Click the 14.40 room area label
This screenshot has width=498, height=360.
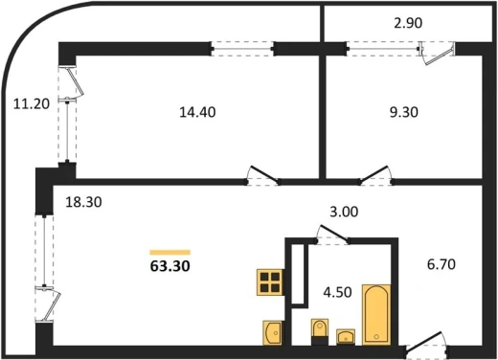[x=197, y=112]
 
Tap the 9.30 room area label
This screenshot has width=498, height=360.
[x=404, y=112]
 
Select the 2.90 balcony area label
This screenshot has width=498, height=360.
[x=408, y=23]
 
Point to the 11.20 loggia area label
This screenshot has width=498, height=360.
[x=32, y=104]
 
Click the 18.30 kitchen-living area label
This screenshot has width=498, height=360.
[x=83, y=202]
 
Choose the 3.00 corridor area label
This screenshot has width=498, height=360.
[x=344, y=212]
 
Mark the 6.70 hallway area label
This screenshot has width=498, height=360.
[x=441, y=264]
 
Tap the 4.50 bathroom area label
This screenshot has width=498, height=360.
[x=337, y=292]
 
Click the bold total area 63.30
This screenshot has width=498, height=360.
[x=170, y=266]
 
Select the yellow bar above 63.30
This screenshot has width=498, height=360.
[x=170, y=253]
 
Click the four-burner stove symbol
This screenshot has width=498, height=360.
[x=270, y=282]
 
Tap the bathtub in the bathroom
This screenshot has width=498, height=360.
[x=376, y=314]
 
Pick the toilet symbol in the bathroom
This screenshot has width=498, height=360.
[x=320, y=331]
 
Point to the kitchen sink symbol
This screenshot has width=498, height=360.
[x=273, y=332]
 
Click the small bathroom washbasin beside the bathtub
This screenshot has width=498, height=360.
[x=346, y=337]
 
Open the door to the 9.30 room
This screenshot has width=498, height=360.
[x=375, y=174]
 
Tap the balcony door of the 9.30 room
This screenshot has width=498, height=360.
[x=438, y=54]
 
